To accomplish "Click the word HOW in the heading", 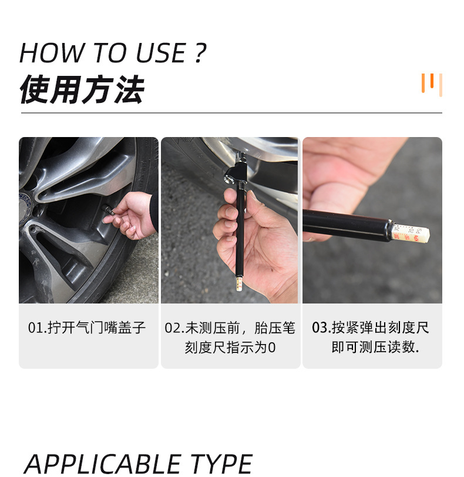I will [46, 53].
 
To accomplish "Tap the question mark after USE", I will [200, 53].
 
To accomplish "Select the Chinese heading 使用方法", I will [82, 90].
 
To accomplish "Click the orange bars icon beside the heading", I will [431, 84].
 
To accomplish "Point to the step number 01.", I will [36, 328].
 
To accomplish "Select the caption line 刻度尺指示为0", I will [230, 348].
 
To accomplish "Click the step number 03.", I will [320, 328].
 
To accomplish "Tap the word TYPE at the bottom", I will [221, 464].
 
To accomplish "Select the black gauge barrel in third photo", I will [347, 224].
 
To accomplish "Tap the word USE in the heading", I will [160, 53].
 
